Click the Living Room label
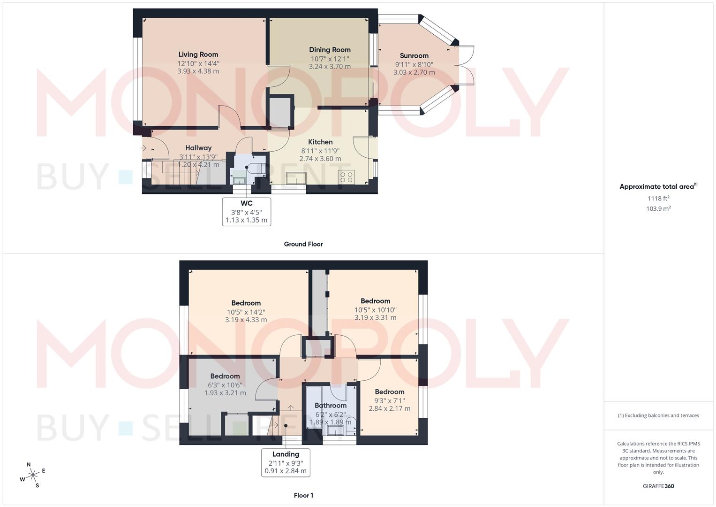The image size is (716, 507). click(198, 54)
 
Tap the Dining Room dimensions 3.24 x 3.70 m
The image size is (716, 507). click(330, 67)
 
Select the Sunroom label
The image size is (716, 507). click(414, 56)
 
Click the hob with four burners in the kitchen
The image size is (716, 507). click(347, 177)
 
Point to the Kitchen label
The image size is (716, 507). click(320, 142)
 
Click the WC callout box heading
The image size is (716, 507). click(247, 203)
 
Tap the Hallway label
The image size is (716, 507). click(198, 148)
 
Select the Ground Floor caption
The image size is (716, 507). click(303, 244)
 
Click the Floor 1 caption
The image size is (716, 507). click(303, 495)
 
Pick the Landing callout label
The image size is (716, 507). click(286, 454)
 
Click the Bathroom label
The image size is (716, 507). click(331, 406)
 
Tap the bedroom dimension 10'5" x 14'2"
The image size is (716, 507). click(246, 312)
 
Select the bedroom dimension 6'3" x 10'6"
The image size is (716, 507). click(225, 385)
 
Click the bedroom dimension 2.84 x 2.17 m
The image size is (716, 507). click(390, 408)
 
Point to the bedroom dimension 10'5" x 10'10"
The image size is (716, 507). click(375, 310)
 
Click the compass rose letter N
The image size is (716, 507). click(29, 464)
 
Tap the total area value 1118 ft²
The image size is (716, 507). click(658, 199)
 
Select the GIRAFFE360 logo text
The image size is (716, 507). click(658, 486)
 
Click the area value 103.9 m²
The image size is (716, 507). click(658, 209)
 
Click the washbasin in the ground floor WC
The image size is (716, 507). click(239, 181)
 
